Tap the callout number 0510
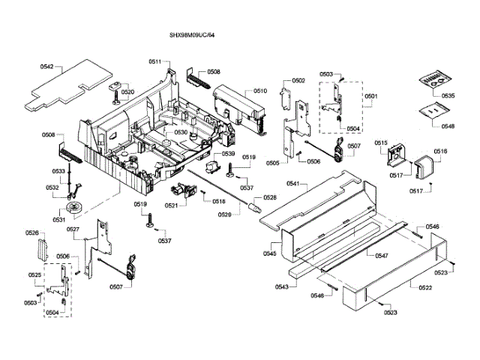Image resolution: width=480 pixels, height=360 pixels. click(259, 91)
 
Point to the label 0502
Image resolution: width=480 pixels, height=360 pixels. click(298, 80)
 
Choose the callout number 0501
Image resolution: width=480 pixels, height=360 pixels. click(371, 97)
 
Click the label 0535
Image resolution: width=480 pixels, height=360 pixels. click(448, 96)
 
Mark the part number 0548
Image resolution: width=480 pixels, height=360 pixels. click(448, 126)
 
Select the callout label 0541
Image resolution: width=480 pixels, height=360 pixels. click(292, 184)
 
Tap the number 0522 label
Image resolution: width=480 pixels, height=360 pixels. click(424, 287)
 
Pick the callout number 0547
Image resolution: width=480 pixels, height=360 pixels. click(381, 256)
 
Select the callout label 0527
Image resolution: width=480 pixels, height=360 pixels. click(73, 229)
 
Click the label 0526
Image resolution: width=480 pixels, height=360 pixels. click(32, 233)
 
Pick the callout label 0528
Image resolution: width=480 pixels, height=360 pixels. click(270, 197)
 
